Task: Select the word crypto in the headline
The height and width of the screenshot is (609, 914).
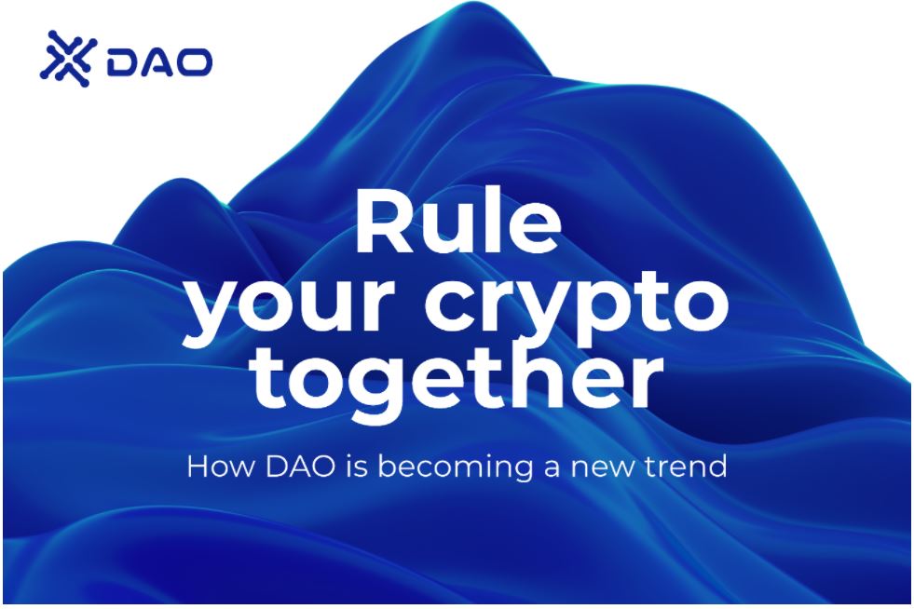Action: click(577, 305)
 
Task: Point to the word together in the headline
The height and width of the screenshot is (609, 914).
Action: click(458, 380)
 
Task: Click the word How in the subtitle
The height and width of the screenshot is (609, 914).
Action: click(221, 467)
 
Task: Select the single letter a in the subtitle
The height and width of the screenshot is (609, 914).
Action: click(552, 469)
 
